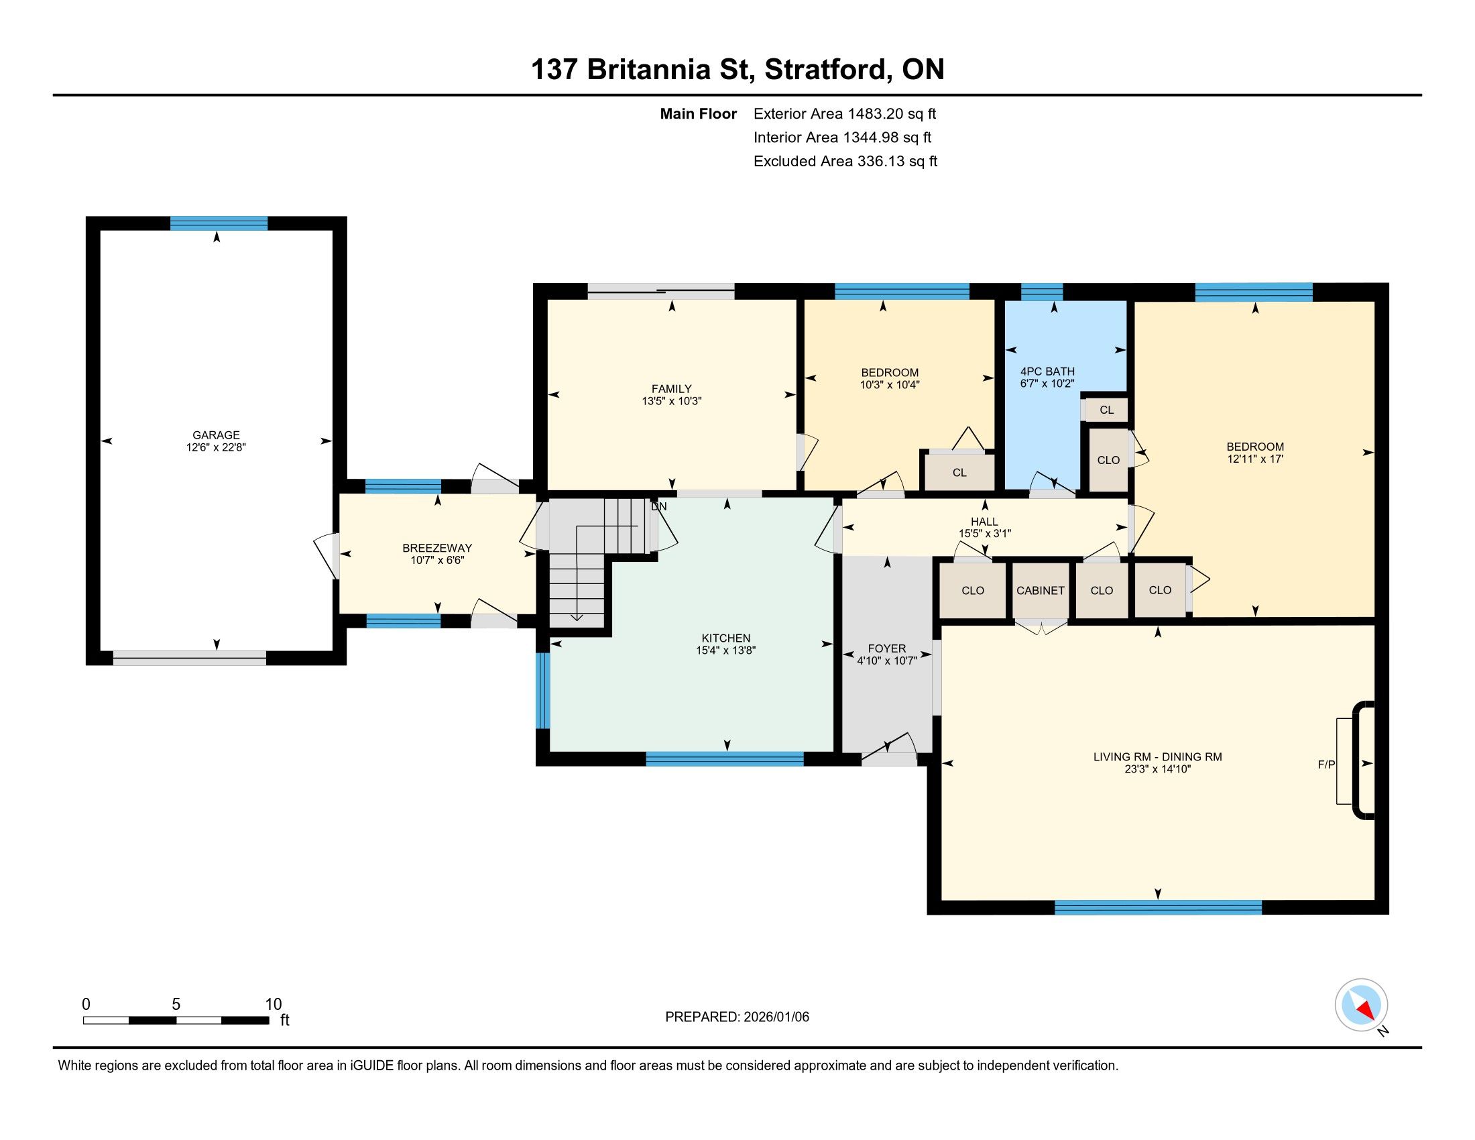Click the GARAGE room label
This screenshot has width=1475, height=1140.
tap(216, 436)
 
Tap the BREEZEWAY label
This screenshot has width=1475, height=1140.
tap(437, 548)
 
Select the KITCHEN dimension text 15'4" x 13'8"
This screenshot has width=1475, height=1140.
tap(726, 650)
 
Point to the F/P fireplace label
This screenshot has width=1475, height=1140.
tap(1326, 764)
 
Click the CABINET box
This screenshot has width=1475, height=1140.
tap(1041, 590)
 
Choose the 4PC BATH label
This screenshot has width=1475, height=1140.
tap(1047, 372)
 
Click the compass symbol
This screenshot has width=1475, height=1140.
tap(1362, 1005)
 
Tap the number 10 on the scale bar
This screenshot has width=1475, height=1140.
tap(273, 1005)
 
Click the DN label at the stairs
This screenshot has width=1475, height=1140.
tap(658, 506)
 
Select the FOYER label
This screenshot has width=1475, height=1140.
tap(887, 648)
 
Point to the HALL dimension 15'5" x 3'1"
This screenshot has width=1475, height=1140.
tap(985, 534)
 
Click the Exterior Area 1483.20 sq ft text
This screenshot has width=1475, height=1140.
tap(845, 114)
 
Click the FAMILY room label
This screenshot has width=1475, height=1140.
tap(671, 389)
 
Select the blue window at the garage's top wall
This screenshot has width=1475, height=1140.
tap(219, 223)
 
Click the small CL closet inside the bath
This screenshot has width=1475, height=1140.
tap(1106, 410)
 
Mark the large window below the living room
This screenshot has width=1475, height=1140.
tap(1159, 908)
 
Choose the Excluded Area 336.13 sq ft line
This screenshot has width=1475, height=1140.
tap(845, 162)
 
